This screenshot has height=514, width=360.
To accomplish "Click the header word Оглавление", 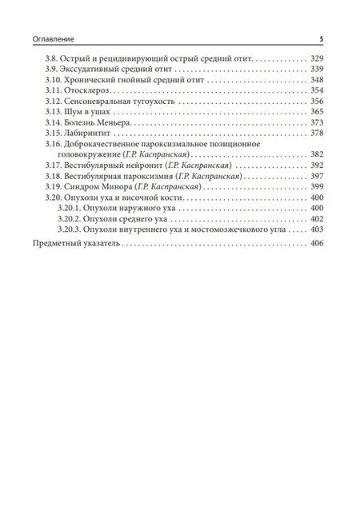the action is (52, 38).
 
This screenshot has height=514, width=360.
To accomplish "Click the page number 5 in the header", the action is (321, 38).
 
